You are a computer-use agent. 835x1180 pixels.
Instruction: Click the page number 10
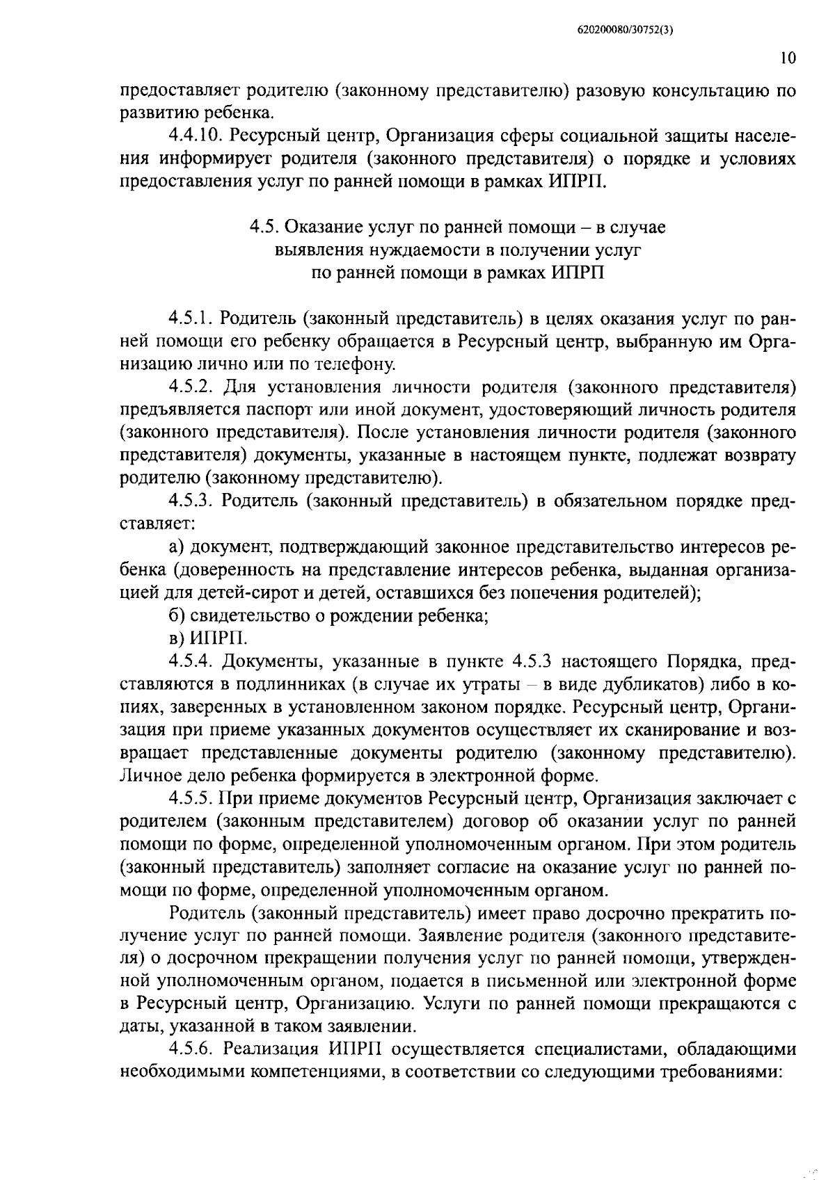pos(787,59)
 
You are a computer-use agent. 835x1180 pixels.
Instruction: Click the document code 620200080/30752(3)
pos(626,30)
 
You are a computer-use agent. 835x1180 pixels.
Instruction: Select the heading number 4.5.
pos(264,227)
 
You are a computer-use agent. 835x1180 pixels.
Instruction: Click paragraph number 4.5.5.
pos(190,798)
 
